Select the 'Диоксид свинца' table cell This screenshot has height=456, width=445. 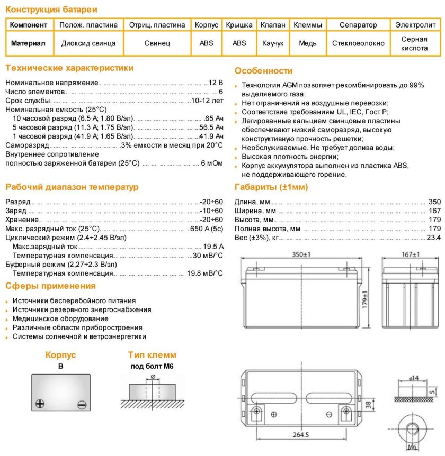88,43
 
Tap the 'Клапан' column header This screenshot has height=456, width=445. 273,25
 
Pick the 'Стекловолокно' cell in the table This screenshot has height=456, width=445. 358,43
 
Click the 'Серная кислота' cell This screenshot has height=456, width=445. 414,43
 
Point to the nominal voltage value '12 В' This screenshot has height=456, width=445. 216,83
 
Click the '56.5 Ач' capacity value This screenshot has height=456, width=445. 211,127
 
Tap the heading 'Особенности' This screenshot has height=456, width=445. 263,71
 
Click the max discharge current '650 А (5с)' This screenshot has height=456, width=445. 206,229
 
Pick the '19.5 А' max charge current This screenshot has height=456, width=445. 213,247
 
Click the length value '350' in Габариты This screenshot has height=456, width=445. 434,202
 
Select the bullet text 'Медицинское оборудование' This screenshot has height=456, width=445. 60,318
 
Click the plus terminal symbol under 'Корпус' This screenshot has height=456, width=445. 40,404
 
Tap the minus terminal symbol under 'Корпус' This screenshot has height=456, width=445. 81,405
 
